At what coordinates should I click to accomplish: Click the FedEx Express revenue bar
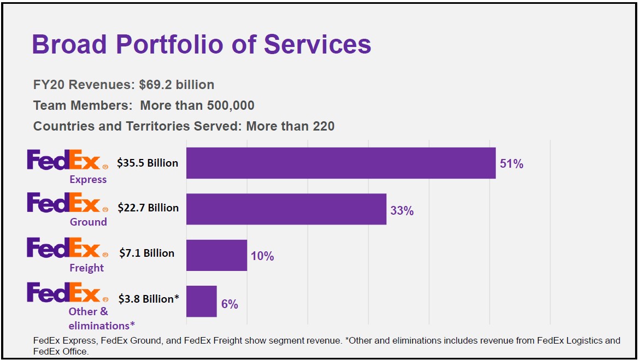pyautogui.click(x=340, y=163)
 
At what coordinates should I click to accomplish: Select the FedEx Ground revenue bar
pyautogui.click(x=286, y=209)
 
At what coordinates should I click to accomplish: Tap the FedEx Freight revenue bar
pyautogui.click(x=216, y=255)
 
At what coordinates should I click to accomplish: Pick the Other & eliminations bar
pyautogui.click(x=201, y=301)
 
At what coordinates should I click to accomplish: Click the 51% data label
pyautogui.click(x=511, y=164)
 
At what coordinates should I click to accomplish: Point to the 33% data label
pyautogui.click(x=402, y=210)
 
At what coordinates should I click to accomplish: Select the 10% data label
pyautogui.click(x=262, y=256)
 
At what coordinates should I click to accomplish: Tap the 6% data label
pyautogui.click(x=230, y=304)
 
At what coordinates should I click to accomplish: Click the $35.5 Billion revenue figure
pyautogui.click(x=148, y=163)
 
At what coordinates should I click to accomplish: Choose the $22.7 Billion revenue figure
pyautogui.click(x=148, y=208)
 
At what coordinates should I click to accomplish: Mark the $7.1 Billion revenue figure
pyautogui.click(x=147, y=253)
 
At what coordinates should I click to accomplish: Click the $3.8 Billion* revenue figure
pyautogui.click(x=149, y=299)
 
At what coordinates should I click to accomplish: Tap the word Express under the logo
pyautogui.click(x=88, y=180)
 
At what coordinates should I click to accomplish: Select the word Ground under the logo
pyautogui.click(x=88, y=222)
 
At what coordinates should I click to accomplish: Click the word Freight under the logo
pyautogui.click(x=86, y=268)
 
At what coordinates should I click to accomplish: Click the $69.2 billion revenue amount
pyautogui.click(x=177, y=85)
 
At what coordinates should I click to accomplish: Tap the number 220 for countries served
pyautogui.click(x=323, y=126)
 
